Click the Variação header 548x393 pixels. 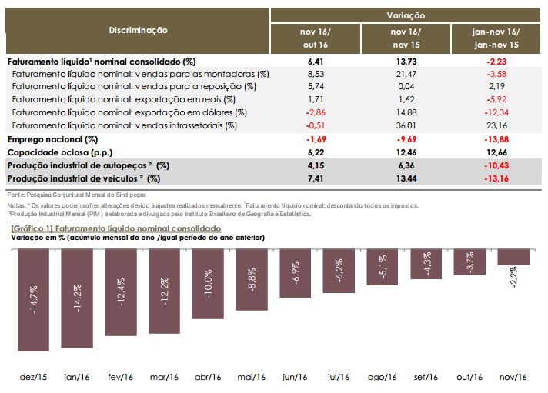pyautogui.click(x=406, y=15)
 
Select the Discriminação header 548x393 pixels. pyautogui.click(x=138, y=30)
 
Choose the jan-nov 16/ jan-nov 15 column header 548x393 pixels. pyautogui.click(x=496, y=38)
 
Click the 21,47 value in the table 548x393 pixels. pyautogui.click(x=406, y=73)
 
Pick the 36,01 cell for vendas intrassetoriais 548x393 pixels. pyautogui.click(x=406, y=125)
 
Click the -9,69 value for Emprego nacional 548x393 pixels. pyautogui.click(x=406, y=139)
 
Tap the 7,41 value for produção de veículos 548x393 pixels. pyautogui.click(x=314, y=178)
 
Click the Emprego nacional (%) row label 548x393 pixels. pyautogui.click(x=52, y=139)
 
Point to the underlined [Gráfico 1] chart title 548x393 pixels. pyautogui.click(x=116, y=228)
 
